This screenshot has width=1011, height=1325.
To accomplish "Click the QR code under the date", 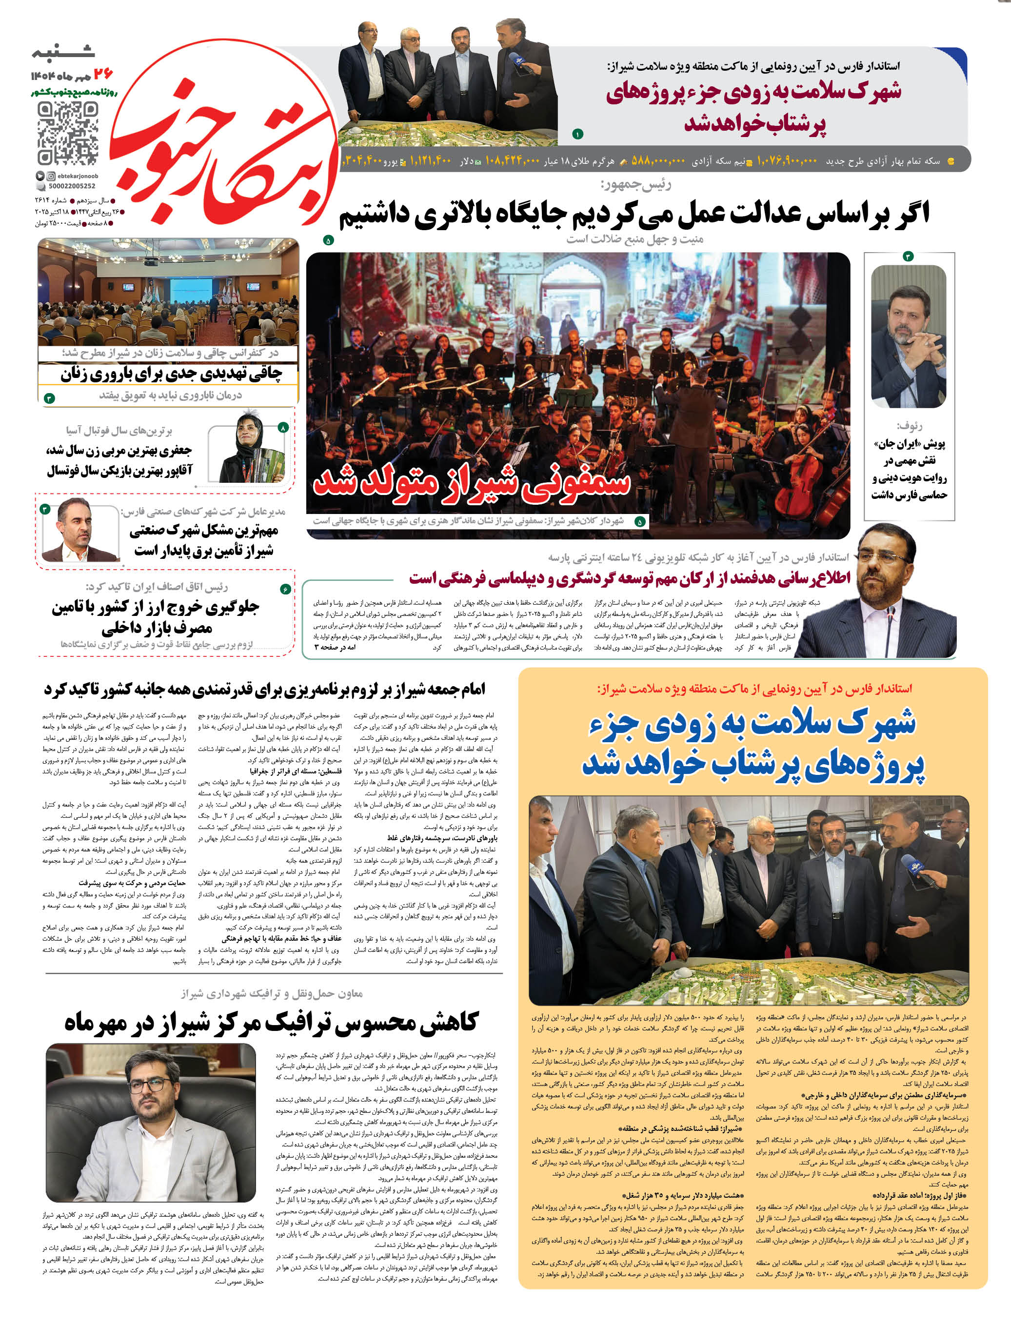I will (x=67, y=133).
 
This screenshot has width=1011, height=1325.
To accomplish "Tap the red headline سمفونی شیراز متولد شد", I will (x=471, y=482).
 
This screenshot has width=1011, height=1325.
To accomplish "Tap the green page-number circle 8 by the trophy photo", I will (x=283, y=427).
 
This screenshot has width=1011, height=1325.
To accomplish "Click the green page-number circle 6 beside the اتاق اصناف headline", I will (x=285, y=589).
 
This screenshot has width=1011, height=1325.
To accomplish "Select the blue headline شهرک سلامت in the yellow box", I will (x=752, y=744).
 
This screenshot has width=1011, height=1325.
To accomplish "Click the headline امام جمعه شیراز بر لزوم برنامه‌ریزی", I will (x=265, y=690).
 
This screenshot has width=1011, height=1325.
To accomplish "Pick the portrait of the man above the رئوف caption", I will (x=908, y=337).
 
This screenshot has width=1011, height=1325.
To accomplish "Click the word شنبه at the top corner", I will (x=63, y=53).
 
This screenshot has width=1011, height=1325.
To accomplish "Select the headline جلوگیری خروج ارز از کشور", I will (x=155, y=618).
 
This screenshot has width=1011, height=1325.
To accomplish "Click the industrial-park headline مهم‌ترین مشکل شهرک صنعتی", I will (x=203, y=540).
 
